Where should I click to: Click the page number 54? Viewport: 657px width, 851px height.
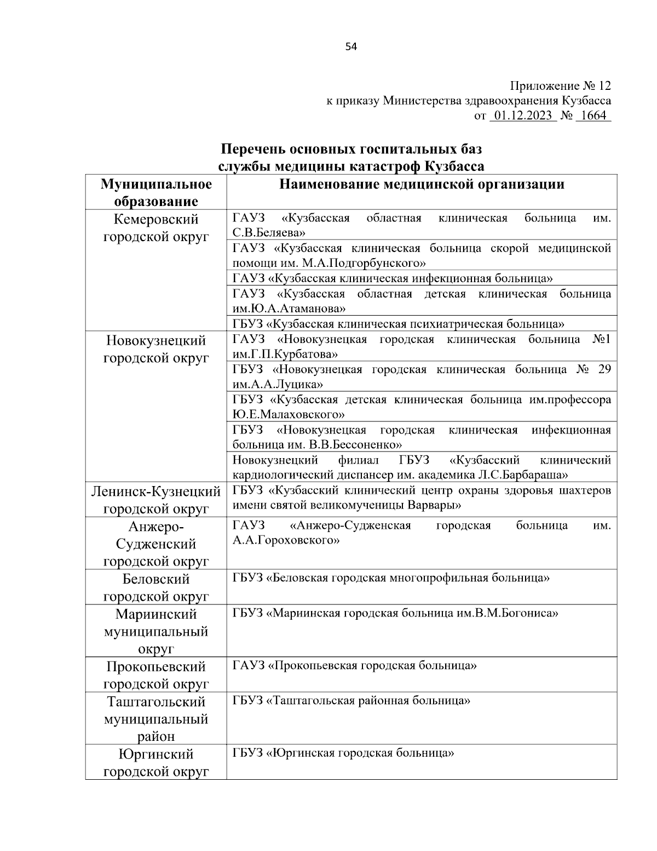pyautogui.click(x=351, y=47)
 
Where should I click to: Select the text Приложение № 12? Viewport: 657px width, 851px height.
pyautogui.click(x=560, y=86)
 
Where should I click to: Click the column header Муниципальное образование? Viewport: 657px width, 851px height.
pyautogui.click(x=156, y=192)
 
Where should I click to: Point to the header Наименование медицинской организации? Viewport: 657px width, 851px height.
pyautogui.click(x=422, y=184)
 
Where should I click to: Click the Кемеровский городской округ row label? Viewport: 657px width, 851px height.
pyautogui.click(x=156, y=228)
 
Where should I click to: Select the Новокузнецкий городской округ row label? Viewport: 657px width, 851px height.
pyautogui.click(x=156, y=350)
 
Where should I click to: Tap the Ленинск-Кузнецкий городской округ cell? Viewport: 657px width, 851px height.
pyautogui.click(x=156, y=499)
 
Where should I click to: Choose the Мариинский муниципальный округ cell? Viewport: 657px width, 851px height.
pyautogui.click(x=156, y=631)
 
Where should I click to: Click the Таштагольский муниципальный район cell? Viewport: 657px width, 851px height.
pyautogui.click(x=156, y=718)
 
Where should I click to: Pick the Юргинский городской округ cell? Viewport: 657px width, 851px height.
pyautogui.click(x=156, y=763)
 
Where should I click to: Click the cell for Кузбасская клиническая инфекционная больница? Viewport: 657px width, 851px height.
pyautogui.click(x=393, y=278)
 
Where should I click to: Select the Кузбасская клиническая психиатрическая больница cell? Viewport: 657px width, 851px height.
pyautogui.click(x=399, y=324)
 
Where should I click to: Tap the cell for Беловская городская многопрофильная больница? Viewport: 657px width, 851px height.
pyautogui.click(x=391, y=578)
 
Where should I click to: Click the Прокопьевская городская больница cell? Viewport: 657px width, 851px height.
pyautogui.click(x=354, y=666)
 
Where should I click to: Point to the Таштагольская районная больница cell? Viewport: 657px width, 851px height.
pyautogui.click(x=351, y=700)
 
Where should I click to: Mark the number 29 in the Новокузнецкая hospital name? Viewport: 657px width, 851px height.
pyautogui.click(x=604, y=369)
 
